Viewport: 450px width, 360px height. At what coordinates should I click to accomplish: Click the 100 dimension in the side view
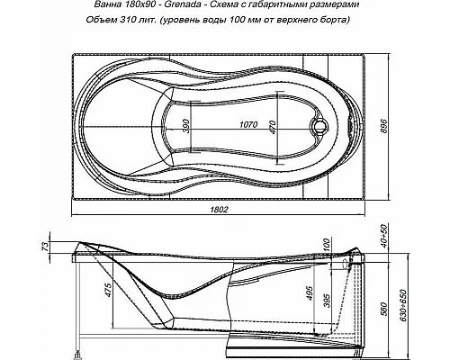pyautogui.click(x=327, y=246)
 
